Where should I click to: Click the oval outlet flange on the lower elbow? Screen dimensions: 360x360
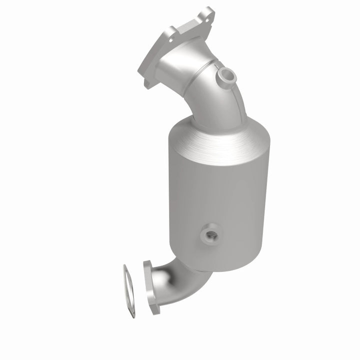(x=149, y=286)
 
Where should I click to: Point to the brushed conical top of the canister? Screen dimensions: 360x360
(x=220, y=137)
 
